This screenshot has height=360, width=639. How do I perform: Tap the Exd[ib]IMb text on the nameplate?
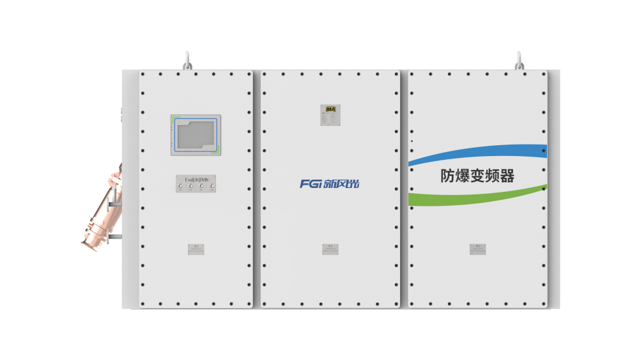click(x=197, y=180)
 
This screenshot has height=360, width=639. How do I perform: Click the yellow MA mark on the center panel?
click(x=330, y=109)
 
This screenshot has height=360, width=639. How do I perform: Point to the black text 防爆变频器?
click(x=477, y=176)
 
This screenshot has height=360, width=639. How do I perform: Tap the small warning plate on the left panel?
click(x=197, y=248)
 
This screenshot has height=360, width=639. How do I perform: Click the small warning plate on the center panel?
click(x=330, y=248)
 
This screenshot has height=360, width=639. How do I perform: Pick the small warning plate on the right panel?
click(x=477, y=248)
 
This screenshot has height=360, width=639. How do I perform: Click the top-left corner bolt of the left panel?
click(x=143, y=74)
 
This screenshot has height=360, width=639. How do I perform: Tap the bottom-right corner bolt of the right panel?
click(x=544, y=304)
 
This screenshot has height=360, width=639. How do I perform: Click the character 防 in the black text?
click(x=449, y=176)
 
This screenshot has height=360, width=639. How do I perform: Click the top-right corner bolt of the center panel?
click(x=397, y=74)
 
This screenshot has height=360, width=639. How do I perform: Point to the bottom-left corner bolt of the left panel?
click(x=143, y=304)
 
